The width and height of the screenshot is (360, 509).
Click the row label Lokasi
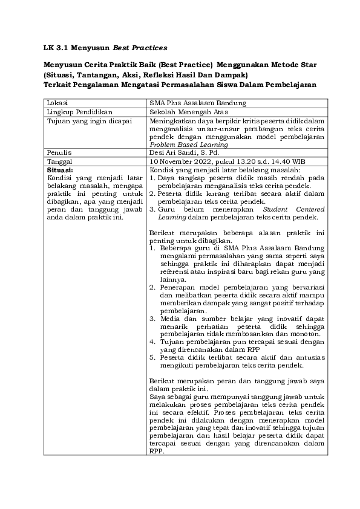click(58, 103)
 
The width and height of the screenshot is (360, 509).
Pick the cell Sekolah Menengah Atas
click(189, 112)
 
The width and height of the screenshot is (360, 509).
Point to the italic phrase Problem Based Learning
click(188, 144)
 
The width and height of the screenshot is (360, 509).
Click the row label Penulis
click(59, 153)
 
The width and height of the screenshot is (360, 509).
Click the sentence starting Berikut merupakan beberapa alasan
click(236, 233)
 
